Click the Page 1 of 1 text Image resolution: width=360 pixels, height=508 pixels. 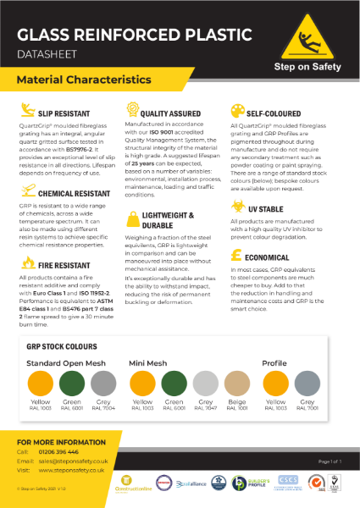[x=324, y=460]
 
